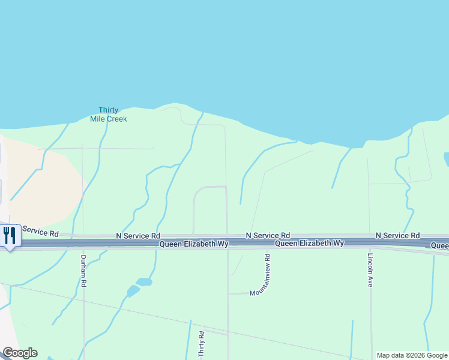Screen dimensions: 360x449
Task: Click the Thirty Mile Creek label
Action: (109, 114)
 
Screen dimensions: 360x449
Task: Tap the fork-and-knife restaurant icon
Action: (10, 235)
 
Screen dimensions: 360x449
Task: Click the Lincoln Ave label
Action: (370, 270)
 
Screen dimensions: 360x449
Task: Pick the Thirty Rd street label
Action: (202, 346)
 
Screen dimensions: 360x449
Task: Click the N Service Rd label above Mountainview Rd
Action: (268, 235)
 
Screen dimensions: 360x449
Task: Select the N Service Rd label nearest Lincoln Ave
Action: (397, 235)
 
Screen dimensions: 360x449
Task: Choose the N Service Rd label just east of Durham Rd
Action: (137, 236)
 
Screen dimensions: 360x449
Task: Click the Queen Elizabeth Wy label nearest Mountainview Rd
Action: (309, 243)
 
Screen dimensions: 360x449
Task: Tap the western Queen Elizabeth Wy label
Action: (193, 244)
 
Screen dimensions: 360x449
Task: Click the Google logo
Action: (20, 353)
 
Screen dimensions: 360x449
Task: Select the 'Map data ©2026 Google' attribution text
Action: (412, 355)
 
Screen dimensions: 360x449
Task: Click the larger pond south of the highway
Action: (144, 282)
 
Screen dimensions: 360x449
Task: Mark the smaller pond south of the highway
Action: (133, 292)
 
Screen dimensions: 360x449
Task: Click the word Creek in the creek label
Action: (116, 119)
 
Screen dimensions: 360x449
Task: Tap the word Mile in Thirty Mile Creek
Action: (98, 119)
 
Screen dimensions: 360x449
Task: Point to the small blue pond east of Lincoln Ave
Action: (447, 159)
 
